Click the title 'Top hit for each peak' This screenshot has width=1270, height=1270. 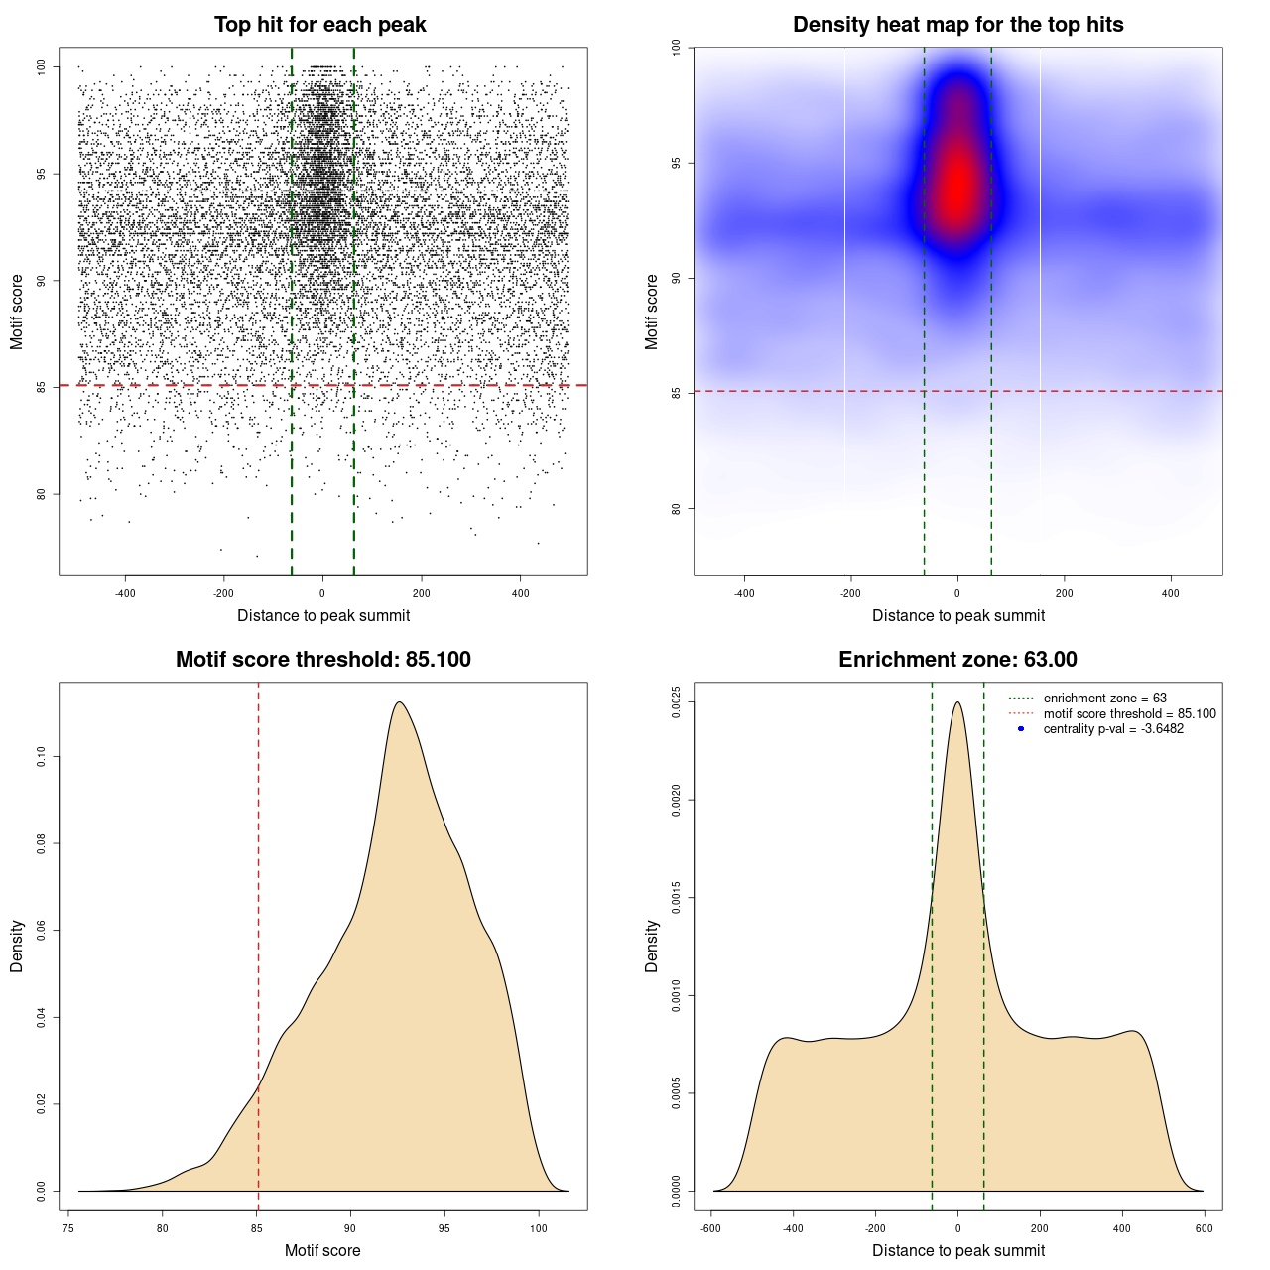320,25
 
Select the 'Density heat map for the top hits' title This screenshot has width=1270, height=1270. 957,25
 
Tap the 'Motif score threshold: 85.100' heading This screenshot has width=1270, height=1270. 322,660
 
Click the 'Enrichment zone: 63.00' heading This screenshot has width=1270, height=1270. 957,660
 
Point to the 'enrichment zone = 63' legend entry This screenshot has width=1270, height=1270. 1104,698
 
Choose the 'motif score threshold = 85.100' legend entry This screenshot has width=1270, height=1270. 1129,713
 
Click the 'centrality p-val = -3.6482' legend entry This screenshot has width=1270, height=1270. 1113,729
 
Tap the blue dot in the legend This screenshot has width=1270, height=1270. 1021,729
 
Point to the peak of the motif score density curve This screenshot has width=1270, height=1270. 399,702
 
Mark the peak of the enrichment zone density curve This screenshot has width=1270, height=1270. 957,702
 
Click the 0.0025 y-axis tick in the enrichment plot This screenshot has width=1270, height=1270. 676,702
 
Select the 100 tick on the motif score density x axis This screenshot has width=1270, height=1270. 539,1229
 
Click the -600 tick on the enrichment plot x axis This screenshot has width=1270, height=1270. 711,1229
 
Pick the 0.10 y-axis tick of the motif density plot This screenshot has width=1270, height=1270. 41,758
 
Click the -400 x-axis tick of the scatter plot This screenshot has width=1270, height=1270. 125,594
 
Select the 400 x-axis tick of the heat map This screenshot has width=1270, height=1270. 1171,594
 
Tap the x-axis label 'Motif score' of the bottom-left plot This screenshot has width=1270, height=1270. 322,1250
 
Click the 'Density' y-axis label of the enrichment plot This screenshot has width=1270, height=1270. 652,946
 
